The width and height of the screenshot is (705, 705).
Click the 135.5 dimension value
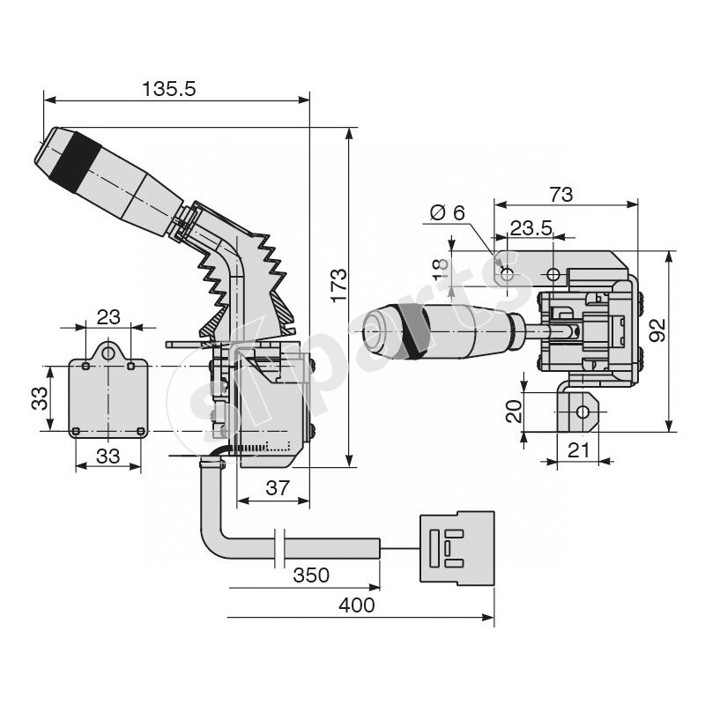(168, 88)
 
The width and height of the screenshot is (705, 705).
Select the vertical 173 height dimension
(339, 285)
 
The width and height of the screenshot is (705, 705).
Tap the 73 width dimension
(560, 194)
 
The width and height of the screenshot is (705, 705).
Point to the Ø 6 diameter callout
(447, 213)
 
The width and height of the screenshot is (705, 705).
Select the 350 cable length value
(310, 575)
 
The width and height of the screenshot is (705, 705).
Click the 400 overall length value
(356, 605)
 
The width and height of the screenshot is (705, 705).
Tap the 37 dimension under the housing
(277, 488)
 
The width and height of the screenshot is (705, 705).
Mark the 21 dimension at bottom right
(578, 449)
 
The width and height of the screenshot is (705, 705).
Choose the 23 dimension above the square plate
(108, 315)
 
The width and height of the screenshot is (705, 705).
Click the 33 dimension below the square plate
(108, 456)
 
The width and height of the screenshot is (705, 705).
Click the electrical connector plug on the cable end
(456, 546)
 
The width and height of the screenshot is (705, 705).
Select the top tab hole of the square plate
(108, 352)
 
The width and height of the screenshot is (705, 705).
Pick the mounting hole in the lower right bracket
(582, 412)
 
